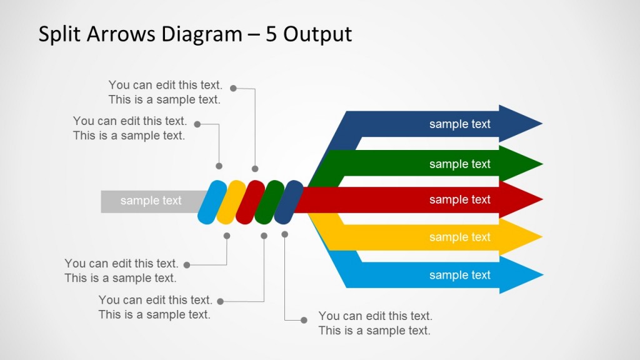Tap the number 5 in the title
[x=272, y=34]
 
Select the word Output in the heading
[x=317, y=34]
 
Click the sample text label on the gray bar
[x=151, y=201]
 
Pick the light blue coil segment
[x=212, y=202]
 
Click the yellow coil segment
[x=231, y=202]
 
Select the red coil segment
[x=250, y=202]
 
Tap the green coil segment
[x=269, y=202]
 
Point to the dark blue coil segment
[x=288, y=202]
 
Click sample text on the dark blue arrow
[x=459, y=124]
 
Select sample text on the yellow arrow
[x=459, y=237]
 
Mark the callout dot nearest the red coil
[x=255, y=169]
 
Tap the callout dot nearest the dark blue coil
[x=285, y=234]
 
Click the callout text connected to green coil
[x=155, y=307]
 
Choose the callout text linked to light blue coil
[x=129, y=128]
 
